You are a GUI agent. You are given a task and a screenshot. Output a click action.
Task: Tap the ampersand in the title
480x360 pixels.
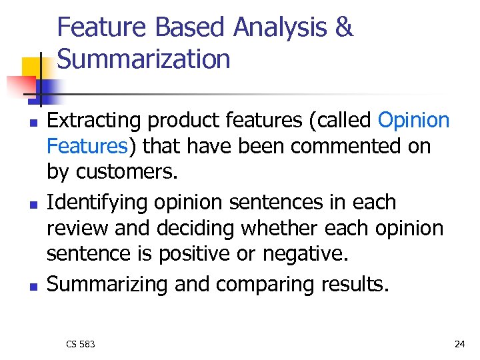click(x=343, y=28)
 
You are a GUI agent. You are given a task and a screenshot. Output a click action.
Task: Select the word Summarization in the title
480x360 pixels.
click(x=144, y=59)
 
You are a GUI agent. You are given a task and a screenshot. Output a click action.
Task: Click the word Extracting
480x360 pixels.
click(x=95, y=121)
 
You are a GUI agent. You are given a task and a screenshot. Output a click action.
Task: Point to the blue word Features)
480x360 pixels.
click(x=87, y=145)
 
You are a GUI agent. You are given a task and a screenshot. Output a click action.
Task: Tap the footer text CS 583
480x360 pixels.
click(x=81, y=344)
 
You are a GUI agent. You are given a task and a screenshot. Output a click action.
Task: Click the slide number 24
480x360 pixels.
click(x=459, y=344)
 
